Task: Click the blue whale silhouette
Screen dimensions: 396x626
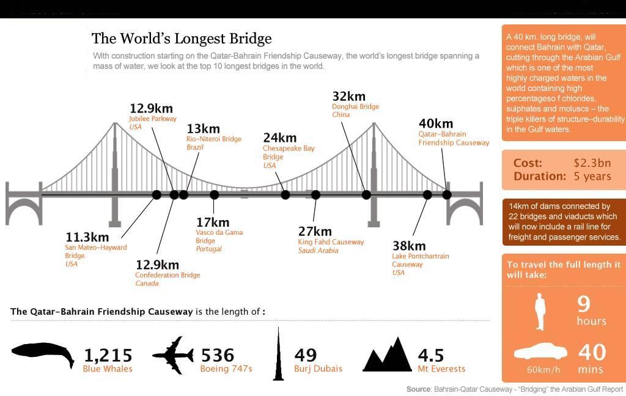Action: (x=42, y=355)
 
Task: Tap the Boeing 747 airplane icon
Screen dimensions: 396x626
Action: (x=173, y=355)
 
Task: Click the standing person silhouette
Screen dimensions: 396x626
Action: (x=540, y=312)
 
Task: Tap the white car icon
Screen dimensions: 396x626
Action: (x=540, y=352)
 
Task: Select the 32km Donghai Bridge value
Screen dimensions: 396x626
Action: (x=348, y=96)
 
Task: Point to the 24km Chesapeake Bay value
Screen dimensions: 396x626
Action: (x=279, y=137)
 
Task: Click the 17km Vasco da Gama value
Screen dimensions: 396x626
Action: (x=212, y=222)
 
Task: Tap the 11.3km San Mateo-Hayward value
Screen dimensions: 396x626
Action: (x=87, y=237)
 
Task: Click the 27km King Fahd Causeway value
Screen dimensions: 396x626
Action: (x=314, y=231)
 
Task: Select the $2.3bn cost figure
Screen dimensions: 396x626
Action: (x=592, y=163)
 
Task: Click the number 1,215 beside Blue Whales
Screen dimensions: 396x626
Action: (x=108, y=355)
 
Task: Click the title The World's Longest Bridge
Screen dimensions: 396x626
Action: (x=181, y=38)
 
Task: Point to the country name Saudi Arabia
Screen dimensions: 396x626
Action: (x=318, y=251)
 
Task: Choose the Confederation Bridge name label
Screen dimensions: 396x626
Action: (x=168, y=275)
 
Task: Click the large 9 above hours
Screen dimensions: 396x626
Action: (x=584, y=303)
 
